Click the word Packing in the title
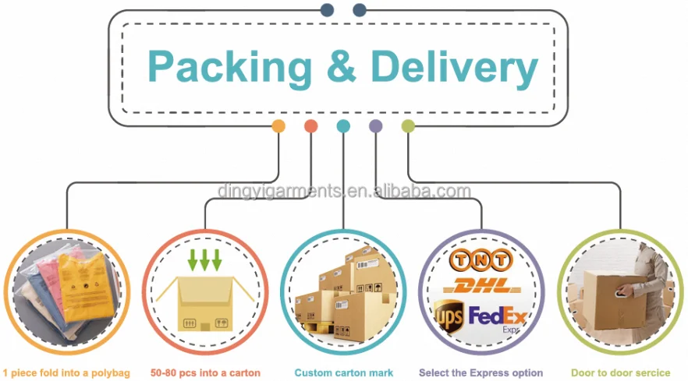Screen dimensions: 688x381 coord(230,67)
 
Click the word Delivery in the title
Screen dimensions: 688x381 coord(454,67)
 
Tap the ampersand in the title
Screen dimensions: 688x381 coord(342,67)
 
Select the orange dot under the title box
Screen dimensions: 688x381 coord(278,125)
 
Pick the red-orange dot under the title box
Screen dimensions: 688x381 coord(310,125)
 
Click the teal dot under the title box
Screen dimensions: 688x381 coord(343,125)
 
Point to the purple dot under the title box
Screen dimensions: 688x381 coord(375,125)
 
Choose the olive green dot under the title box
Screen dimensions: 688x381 coord(407,125)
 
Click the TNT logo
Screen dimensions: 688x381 coord(481,259)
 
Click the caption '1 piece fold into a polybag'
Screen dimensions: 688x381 coord(66,372)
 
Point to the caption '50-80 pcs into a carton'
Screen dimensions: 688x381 coord(205,372)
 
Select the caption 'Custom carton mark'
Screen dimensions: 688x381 coord(344,372)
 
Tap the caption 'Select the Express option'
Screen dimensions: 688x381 coord(481,372)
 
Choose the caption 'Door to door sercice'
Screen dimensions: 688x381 coord(620,372)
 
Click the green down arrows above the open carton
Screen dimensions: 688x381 coord(205,259)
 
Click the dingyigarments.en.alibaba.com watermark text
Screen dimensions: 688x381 coord(344,191)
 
